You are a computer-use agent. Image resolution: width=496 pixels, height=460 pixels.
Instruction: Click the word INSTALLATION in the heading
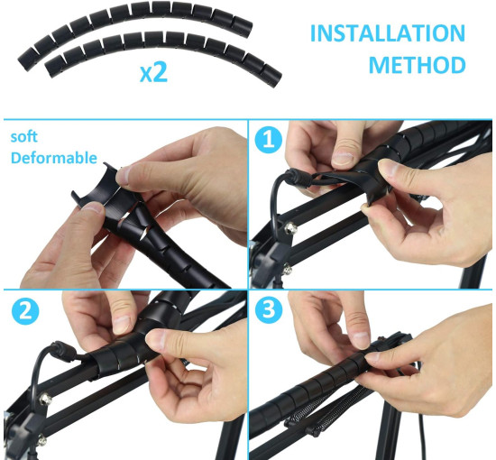coord(388,32)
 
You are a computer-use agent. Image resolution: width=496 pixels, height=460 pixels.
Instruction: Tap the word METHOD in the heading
coord(418,65)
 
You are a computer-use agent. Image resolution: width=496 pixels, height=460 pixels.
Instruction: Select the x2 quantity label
coord(153,72)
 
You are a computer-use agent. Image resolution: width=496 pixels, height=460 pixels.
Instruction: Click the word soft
coord(24,137)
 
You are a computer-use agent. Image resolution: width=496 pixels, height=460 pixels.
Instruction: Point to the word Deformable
coord(54,158)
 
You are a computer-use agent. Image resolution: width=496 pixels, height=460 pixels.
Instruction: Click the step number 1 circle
coord(268,140)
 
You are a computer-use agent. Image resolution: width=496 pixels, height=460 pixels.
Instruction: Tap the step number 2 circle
coord(25,311)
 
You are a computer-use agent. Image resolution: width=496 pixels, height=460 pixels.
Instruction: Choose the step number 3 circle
coord(268,308)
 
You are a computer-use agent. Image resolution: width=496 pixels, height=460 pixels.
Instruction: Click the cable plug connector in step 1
coord(298,177)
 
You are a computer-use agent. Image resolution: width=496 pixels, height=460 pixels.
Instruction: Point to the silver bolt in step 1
coord(290,228)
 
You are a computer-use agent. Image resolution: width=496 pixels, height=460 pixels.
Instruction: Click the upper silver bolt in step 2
coord(46,400)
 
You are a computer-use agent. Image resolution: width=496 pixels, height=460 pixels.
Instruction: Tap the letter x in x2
coord(146,76)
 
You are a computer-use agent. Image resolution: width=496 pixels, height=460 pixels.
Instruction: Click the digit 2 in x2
coord(161,72)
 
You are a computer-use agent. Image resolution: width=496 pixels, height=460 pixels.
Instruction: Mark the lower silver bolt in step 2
coord(41,440)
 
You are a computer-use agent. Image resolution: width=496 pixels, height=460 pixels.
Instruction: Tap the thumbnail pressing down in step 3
coord(361,339)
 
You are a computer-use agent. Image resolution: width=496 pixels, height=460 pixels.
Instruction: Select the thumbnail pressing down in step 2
coord(122,324)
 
